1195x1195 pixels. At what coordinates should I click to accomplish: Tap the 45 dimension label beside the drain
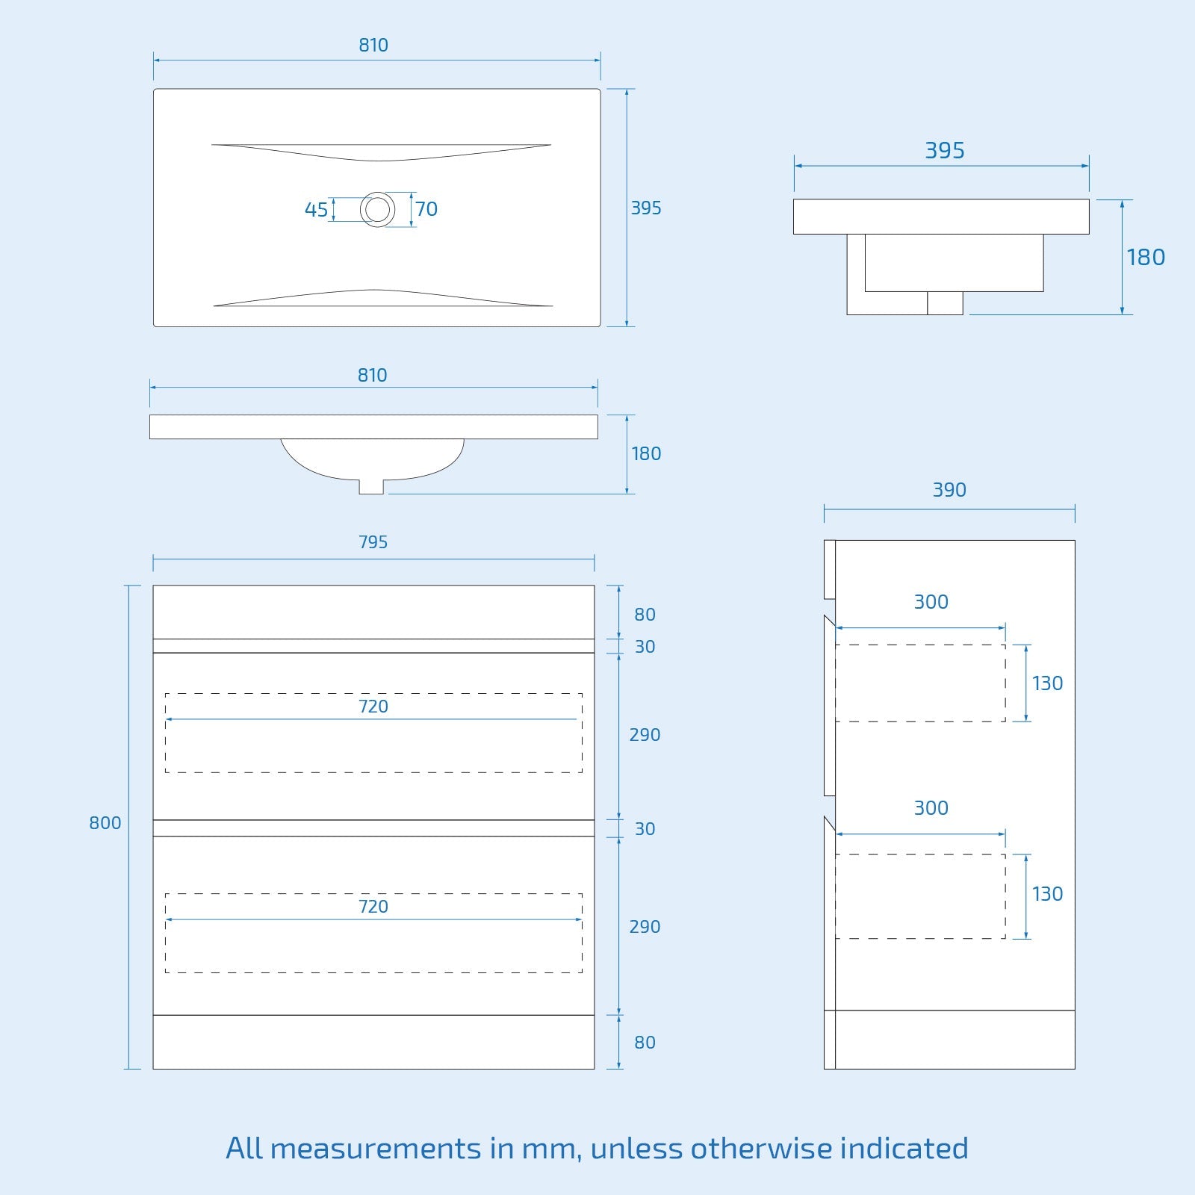tap(316, 210)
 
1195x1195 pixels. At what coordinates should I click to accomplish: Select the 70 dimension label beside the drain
tap(426, 209)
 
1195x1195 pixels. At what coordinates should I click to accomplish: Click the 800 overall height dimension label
tap(105, 823)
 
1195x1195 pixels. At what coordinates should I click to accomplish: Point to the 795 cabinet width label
tap(373, 542)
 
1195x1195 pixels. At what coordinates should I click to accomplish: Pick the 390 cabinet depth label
tap(949, 490)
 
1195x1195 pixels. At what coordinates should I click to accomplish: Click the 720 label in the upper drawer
tap(373, 707)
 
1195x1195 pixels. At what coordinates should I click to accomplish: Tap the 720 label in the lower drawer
tap(373, 907)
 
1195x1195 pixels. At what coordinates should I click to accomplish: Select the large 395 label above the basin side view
tap(945, 151)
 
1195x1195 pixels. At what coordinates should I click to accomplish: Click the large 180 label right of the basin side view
tap(1146, 258)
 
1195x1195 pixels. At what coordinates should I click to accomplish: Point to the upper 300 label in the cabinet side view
tap(931, 602)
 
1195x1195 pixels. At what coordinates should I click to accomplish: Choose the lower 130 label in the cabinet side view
tap(1047, 894)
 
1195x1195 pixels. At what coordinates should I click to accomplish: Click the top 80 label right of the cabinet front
tap(645, 615)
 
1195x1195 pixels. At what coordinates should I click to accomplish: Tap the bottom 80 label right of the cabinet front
tap(645, 1043)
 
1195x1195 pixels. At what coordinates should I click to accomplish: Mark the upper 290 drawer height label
tap(645, 735)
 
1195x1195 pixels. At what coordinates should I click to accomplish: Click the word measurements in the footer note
tap(376, 1149)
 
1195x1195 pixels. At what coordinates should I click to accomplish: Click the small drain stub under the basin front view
tap(371, 486)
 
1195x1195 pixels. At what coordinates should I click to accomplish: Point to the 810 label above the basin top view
tap(373, 46)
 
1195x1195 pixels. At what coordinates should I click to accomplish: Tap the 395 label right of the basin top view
tap(646, 208)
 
